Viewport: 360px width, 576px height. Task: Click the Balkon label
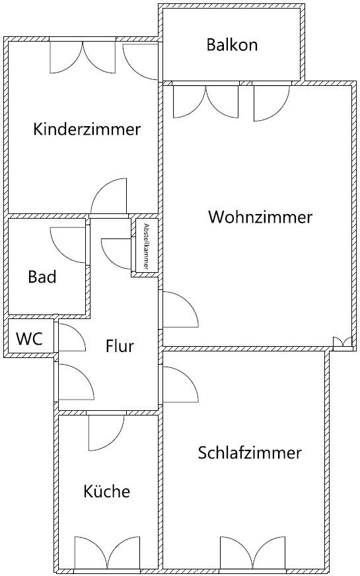coord(232,45)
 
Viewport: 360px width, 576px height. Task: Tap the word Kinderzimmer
coord(87,129)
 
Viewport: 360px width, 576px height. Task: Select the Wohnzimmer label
coord(260,217)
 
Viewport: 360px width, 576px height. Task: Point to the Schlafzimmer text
coord(250,452)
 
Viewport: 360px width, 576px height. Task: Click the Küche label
coord(107,491)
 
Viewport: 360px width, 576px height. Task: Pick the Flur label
coord(120,345)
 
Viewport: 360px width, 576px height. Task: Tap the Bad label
coord(42,277)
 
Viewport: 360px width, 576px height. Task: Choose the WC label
coord(29,338)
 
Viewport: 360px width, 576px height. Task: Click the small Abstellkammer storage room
coord(147,245)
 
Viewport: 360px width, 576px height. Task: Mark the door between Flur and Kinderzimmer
coord(108,196)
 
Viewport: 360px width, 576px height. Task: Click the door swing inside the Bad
coord(68,245)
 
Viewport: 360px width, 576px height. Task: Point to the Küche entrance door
coord(107,433)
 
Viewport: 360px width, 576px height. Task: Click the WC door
coord(73,338)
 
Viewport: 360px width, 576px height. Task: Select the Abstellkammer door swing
coord(116,254)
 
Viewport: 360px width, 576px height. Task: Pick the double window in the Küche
coord(107,553)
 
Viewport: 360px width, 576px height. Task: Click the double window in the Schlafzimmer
coord(253,553)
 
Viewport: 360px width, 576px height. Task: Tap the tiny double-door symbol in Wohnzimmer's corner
coord(342,342)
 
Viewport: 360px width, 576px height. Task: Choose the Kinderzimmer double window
coord(83,57)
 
